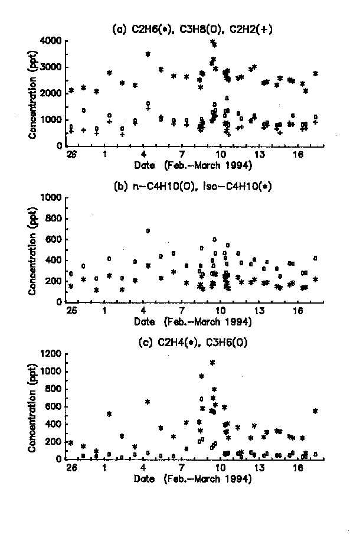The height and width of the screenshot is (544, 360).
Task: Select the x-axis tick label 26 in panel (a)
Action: pyautogui.click(x=71, y=155)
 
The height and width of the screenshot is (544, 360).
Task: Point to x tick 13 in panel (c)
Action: pyautogui.click(x=258, y=468)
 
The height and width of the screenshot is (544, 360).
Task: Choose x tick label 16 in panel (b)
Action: pyautogui.click(x=297, y=311)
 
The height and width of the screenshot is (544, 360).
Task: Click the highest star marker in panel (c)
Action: pyautogui.click(x=212, y=362)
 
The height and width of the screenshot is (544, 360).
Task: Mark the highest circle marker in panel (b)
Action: pyautogui.click(x=148, y=230)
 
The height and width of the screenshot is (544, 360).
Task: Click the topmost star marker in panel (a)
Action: pyautogui.click(x=212, y=43)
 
